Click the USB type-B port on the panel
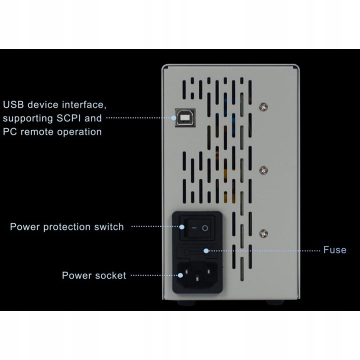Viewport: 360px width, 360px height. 185,117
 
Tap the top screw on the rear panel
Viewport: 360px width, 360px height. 263,107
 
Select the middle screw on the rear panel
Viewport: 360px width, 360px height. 263,170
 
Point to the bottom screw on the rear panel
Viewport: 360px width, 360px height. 263,233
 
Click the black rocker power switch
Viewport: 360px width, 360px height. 197,228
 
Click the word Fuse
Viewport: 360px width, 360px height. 334,250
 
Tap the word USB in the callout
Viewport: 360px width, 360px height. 13,104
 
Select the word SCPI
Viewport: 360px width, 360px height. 68,118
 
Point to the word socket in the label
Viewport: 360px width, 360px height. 110,275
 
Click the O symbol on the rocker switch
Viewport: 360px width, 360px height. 205,228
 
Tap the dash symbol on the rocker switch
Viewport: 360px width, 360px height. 194,228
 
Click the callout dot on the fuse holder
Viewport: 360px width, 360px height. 206,250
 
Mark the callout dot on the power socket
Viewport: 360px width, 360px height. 180,275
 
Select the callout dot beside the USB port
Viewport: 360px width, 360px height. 173,118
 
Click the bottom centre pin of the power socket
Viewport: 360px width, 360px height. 197,279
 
